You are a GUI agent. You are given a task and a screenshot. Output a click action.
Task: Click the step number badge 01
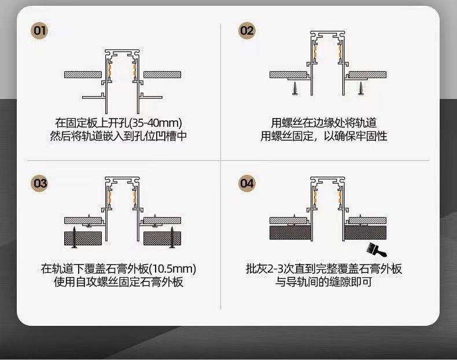[x=40, y=31]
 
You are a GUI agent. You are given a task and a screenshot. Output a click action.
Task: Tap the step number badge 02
[x=247, y=31]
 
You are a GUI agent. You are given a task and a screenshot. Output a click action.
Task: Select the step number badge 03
[x=40, y=183]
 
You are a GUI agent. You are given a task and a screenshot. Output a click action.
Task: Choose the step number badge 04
[x=247, y=183]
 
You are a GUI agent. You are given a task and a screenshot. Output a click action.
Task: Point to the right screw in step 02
[x=362, y=89]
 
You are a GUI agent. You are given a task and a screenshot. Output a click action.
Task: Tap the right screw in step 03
[x=172, y=238]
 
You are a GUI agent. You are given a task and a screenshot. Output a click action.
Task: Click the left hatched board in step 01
[x=82, y=75]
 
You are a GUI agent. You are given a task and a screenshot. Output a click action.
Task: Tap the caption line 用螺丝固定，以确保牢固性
[x=323, y=137]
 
